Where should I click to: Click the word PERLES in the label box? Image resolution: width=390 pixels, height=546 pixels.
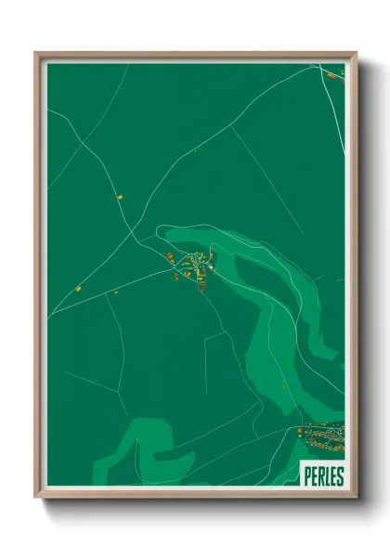pos(323,475)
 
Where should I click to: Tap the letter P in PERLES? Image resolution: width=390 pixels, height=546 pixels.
pos(307,475)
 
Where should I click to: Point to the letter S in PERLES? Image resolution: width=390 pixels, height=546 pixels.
pos(340,475)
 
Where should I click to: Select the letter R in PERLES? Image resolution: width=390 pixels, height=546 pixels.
pos(320,475)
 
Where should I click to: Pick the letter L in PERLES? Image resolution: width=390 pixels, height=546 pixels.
pos(327,475)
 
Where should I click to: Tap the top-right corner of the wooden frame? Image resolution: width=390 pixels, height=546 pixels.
pos(356,53)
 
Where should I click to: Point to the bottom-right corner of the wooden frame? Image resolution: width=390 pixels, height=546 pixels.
pos(356,498)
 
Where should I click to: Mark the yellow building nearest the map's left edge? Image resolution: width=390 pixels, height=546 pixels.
pos(79,289)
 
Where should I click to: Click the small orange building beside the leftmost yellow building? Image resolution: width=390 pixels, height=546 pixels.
pos(117,292)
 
